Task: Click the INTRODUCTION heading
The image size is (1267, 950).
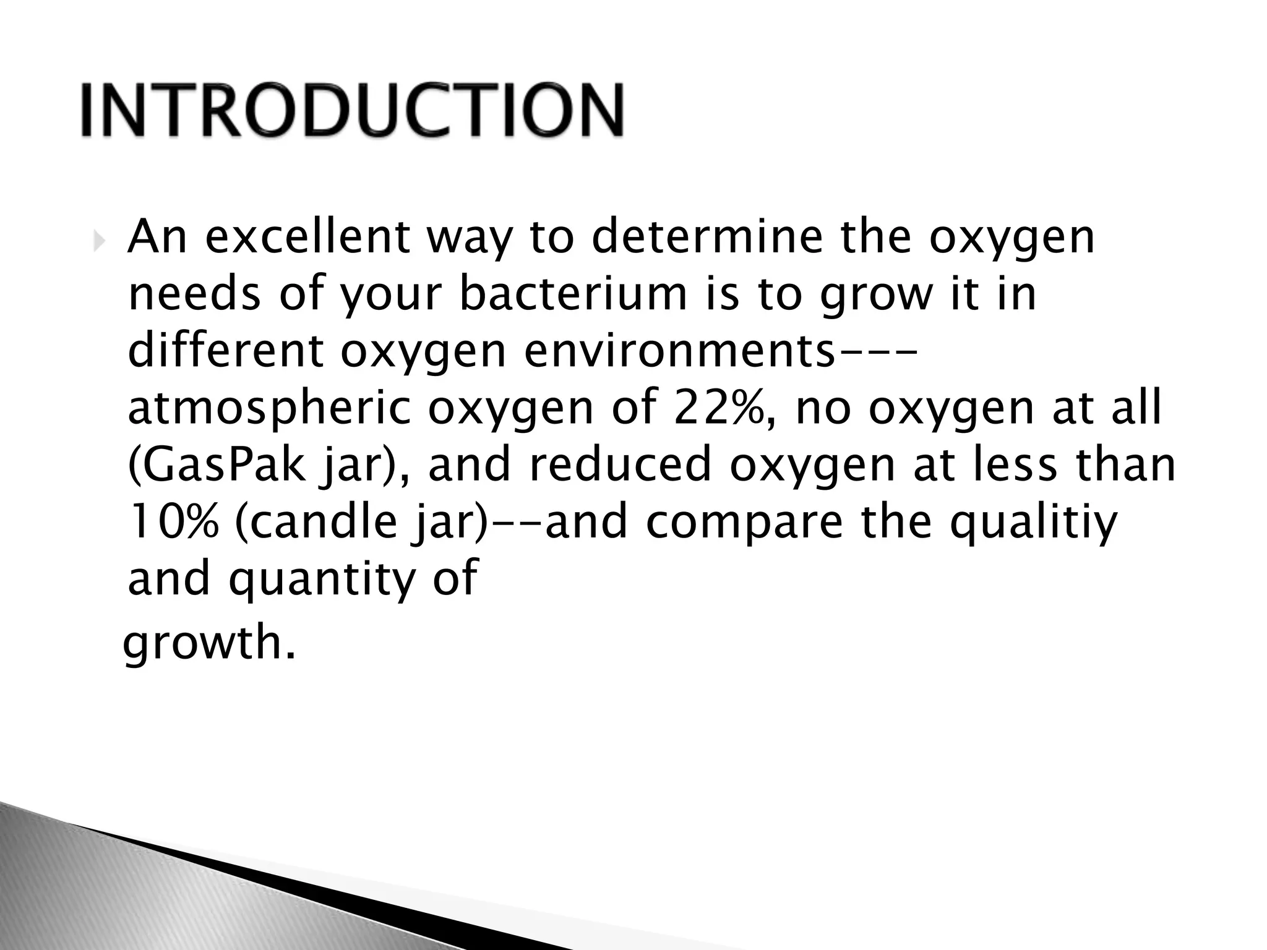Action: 351,110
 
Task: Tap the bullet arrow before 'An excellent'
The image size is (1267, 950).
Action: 99,243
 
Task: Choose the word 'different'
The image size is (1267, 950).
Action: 226,350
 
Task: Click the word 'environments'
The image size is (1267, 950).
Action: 680,350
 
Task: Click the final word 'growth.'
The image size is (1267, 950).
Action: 209,643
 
